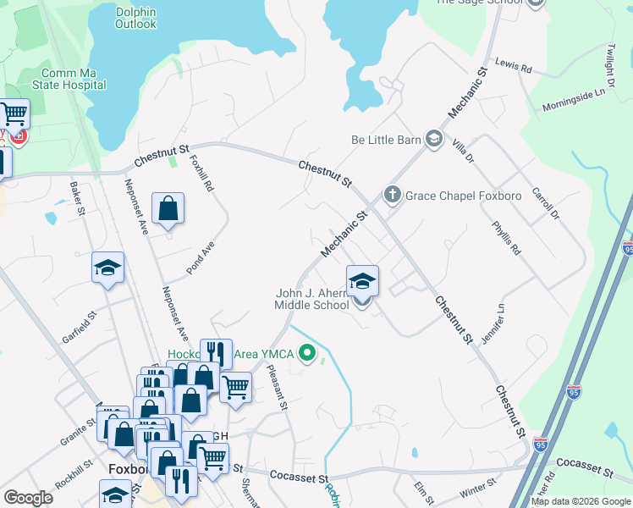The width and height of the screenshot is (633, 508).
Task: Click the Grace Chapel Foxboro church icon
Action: (392, 196)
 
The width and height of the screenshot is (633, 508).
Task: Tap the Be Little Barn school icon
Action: (434, 139)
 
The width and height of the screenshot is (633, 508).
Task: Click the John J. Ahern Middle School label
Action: (312, 300)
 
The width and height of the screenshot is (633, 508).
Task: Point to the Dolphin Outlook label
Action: (136, 18)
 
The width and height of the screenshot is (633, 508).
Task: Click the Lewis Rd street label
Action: (514, 65)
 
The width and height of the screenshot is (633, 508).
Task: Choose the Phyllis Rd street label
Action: (506, 238)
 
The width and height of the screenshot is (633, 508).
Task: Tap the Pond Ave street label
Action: (201, 261)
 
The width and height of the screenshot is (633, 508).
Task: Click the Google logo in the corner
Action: (28, 498)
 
